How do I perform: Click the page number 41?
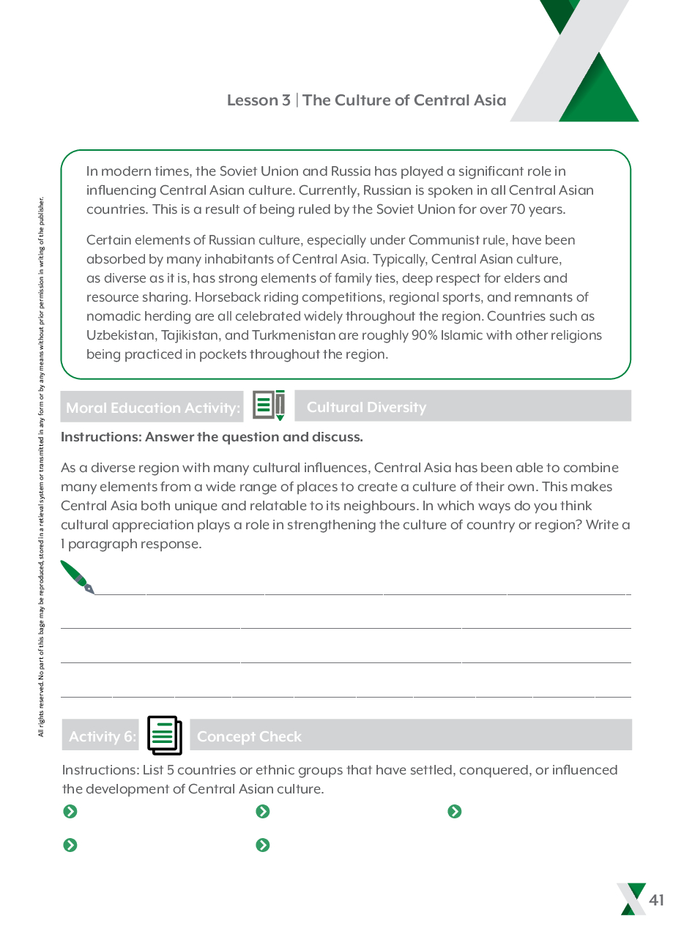(656, 900)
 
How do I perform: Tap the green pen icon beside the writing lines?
(77, 577)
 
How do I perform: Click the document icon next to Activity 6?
(164, 735)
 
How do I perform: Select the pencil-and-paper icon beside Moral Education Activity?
(269, 406)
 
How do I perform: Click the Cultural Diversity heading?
(366, 407)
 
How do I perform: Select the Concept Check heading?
(249, 736)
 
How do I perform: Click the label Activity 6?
(103, 736)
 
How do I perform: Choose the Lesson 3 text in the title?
(258, 100)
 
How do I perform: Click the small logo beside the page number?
(630, 899)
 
